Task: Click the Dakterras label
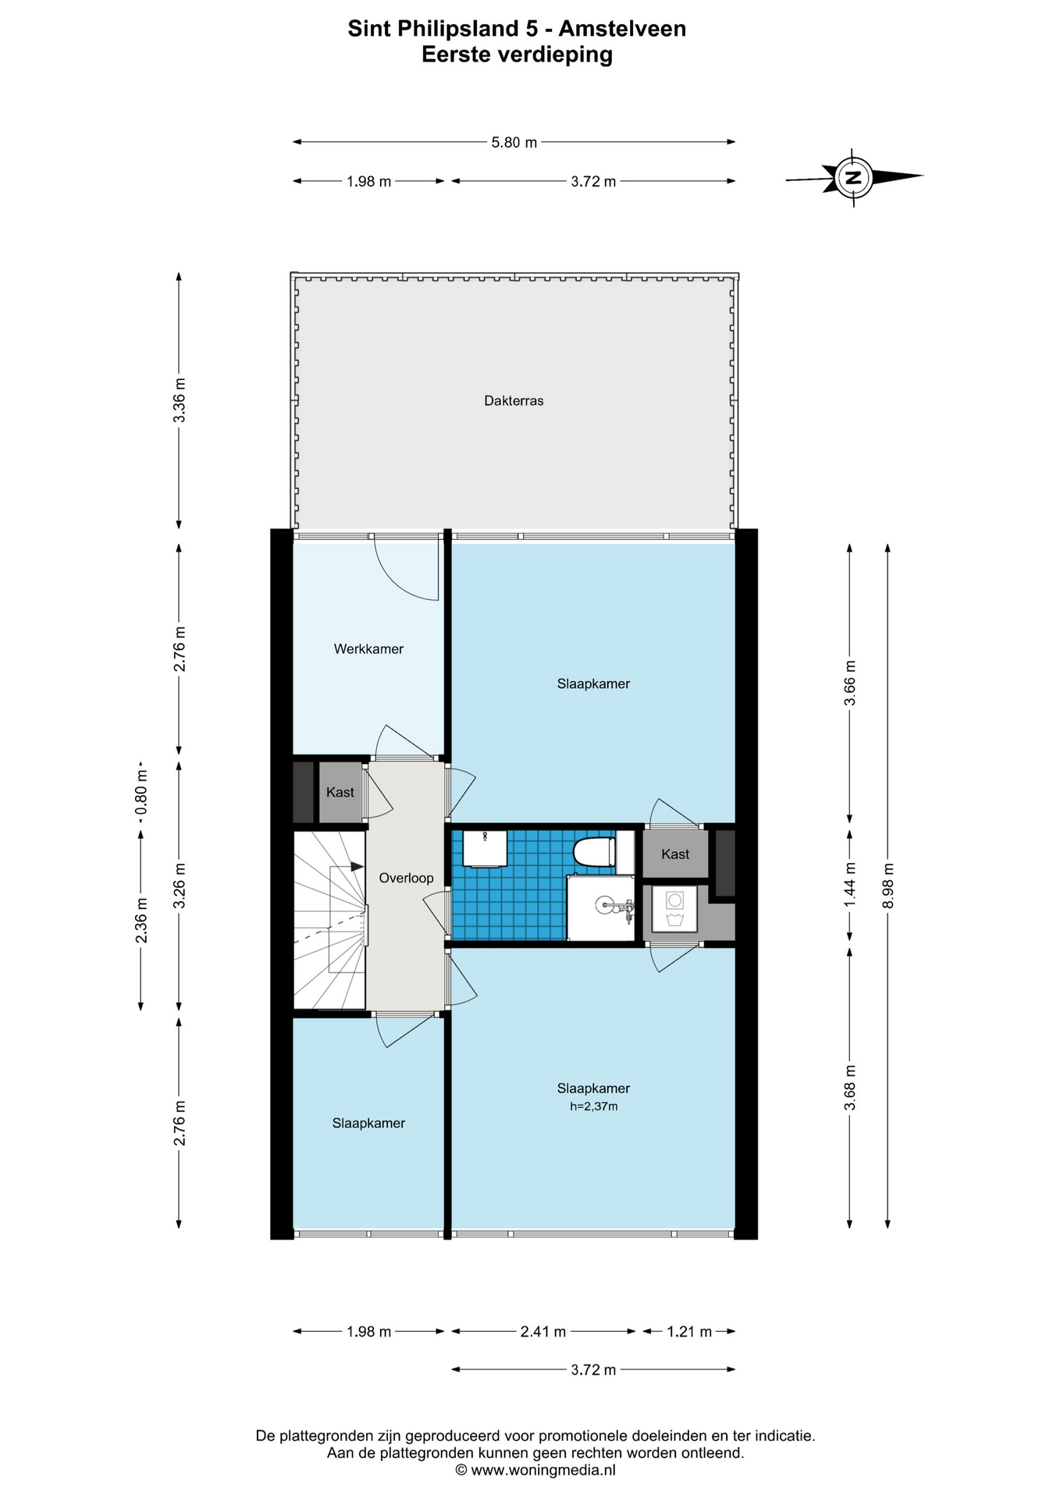[514, 401]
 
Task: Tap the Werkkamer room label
[368, 649]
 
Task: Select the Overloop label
[406, 879]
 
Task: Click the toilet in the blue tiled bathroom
[595, 852]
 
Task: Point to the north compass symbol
[855, 177]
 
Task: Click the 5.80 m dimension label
[514, 143]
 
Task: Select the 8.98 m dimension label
[887, 885]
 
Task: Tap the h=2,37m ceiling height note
[593, 1106]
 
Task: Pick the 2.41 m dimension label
[543, 1332]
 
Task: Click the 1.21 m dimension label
[689, 1332]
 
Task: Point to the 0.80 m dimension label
[141, 793]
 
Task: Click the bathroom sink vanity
[485, 849]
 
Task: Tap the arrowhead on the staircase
[357, 866]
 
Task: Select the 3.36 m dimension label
[180, 400]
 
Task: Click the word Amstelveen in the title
[622, 29]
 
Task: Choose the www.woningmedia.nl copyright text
[535, 1470]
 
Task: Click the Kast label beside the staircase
[340, 793]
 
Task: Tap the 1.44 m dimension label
[850, 885]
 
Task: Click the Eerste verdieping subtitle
[518, 55]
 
